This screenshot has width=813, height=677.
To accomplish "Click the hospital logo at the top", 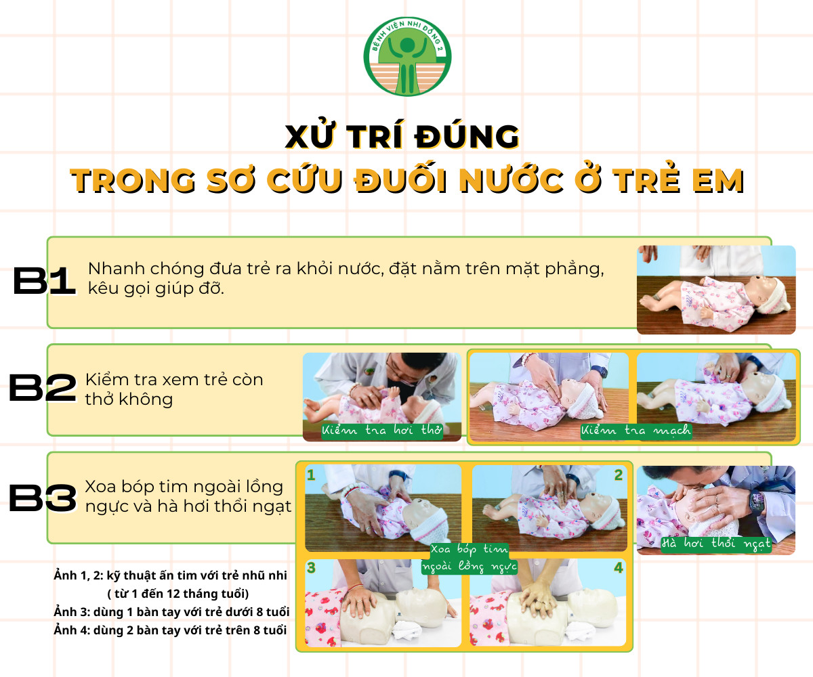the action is pyautogui.click(x=407, y=57).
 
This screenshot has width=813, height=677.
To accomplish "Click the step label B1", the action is pyautogui.click(x=44, y=280).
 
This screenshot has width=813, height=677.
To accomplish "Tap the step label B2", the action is pyautogui.click(x=43, y=387).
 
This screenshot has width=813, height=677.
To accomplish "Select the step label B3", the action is pyautogui.click(x=43, y=498).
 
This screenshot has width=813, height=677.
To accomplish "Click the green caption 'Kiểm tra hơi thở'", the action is pyautogui.click(x=382, y=431).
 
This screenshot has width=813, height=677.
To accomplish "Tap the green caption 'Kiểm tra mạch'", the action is pyautogui.click(x=636, y=431).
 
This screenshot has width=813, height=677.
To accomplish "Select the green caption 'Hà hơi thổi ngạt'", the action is pyautogui.click(x=715, y=543).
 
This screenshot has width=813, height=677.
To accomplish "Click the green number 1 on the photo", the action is pyautogui.click(x=311, y=475).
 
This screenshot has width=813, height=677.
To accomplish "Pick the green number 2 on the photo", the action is pyautogui.click(x=619, y=475).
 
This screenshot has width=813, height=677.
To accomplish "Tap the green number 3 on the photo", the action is pyautogui.click(x=311, y=568).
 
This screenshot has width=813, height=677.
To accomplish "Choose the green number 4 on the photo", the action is pyautogui.click(x=619, y=568).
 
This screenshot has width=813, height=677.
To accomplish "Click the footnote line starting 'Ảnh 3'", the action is pyautogui.click(x=171, y=612).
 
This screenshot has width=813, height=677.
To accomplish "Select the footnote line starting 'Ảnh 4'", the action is pyautogui.click(x=170, y=630).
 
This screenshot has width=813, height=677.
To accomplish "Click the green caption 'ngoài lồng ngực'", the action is pyautogui.click(x=470, y=567).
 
